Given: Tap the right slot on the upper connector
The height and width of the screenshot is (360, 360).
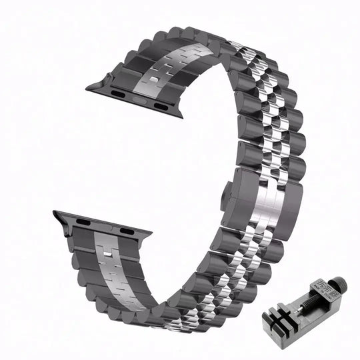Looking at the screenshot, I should [x=159, y=105].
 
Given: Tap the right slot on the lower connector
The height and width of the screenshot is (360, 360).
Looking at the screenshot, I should [x=124, y=231].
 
